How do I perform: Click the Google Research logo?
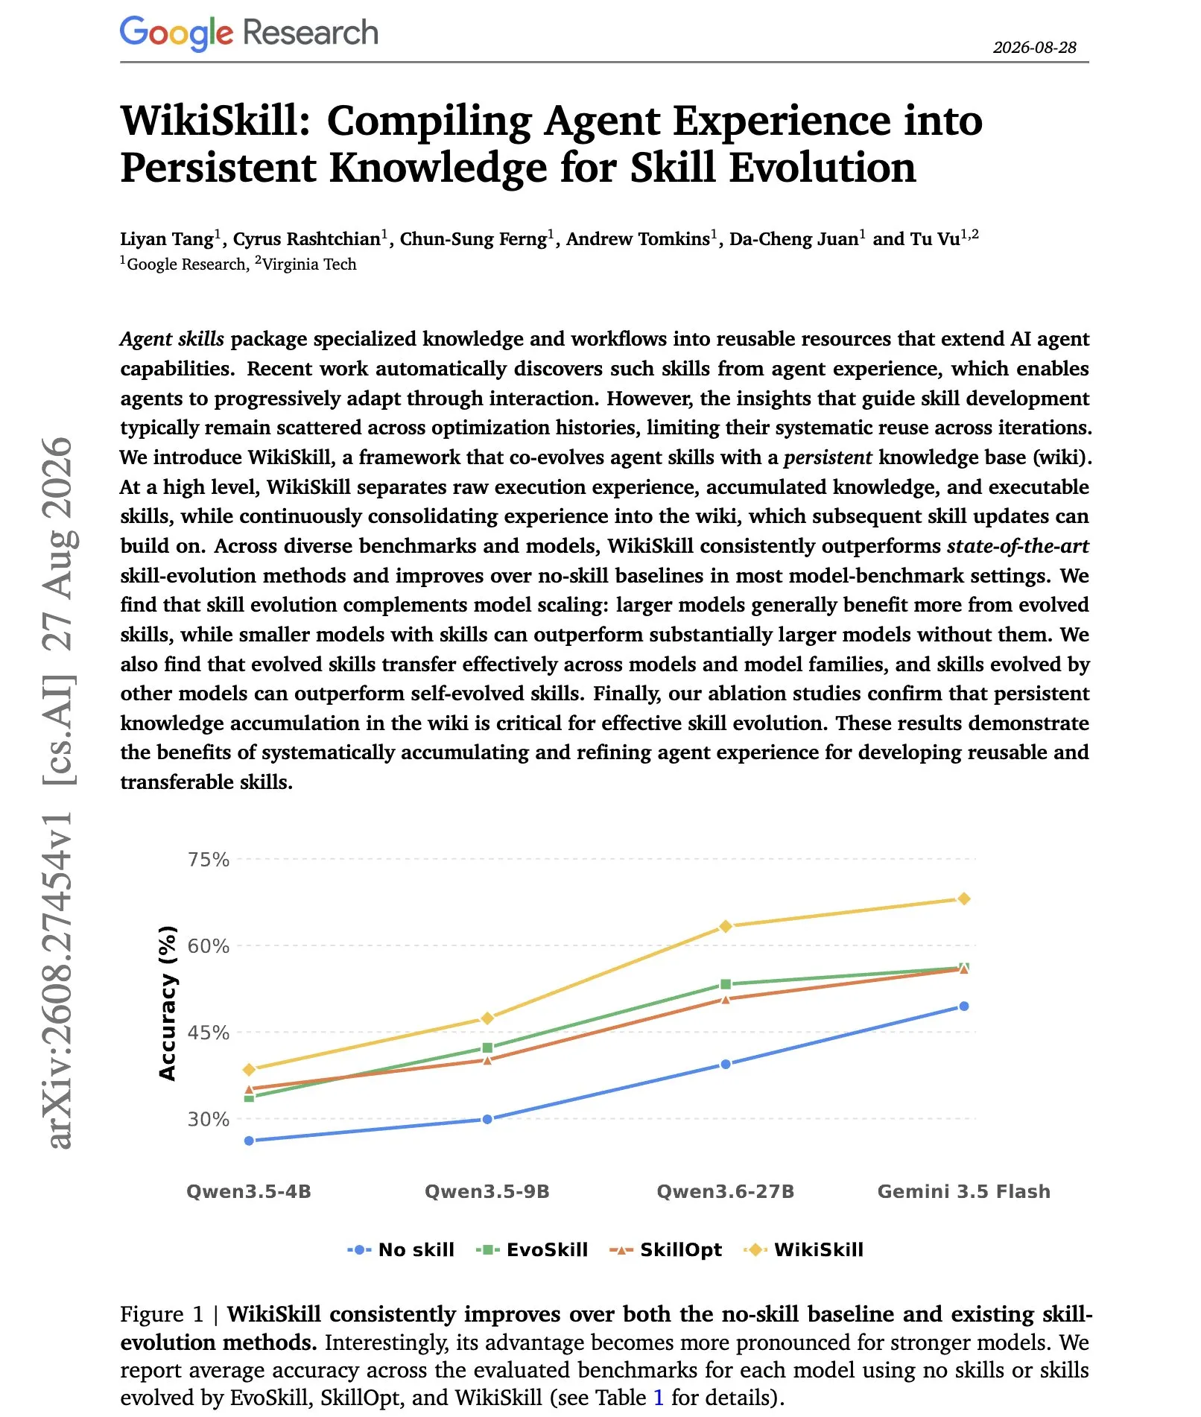[x=249, y=33]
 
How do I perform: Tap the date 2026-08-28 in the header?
[x=1034, y=48]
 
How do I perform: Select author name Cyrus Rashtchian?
[x=307, y=239]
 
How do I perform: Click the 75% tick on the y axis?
[x=209, y=860]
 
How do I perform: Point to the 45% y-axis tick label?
[x=209, y=1033]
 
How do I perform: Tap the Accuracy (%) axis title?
[x=168, y=1003]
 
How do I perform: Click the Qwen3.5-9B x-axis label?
[x=487, y=1191]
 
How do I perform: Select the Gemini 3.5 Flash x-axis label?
[x=964, y=1191]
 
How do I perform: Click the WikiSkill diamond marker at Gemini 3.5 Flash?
[x=963, y=899]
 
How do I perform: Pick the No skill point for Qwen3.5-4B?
[x=249, y=1141]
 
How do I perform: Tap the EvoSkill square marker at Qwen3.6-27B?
[x=726, y=985]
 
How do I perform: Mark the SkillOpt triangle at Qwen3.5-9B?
[x=487, y=1059]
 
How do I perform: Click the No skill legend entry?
[x=401, y=1249]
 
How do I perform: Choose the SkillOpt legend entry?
[x=665, y=1249]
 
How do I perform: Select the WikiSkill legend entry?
[x=803, y=1249]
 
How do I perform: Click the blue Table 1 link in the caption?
[x=658, y=1397]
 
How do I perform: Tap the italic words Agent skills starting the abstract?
[x=172, y=339]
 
